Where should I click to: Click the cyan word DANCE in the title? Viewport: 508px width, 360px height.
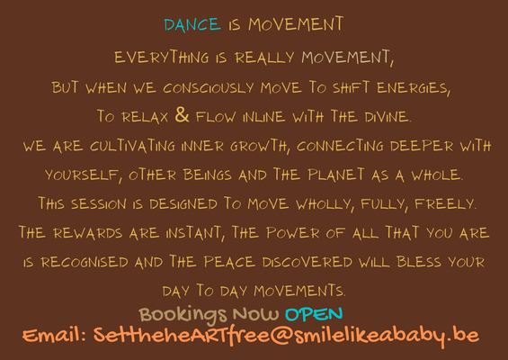pyautogui.click(x=192, y=24)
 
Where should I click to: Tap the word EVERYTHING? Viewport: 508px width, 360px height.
pyautogui.click(x=162, y=57)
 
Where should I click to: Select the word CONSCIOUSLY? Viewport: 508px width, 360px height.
pyautogui.click(x=208, y=88)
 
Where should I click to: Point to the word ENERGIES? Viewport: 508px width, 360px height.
pyautogui.click(x=414, y=88)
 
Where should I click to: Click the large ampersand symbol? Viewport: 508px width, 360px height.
pyautogui.click(x=182, y=115)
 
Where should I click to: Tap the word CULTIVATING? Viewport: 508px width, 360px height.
pyautogui.click(x=132, y=146)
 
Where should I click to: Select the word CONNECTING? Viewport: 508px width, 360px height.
pyautogui.click(x=340, y=146)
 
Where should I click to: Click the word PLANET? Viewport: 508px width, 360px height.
pyautogui.click(x=336, y=175)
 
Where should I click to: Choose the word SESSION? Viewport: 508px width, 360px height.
pyautogui.click(x=99, y=204)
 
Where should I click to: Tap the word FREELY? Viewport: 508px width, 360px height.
pyautogui.click(x=445, y=204)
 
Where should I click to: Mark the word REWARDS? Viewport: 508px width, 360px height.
pyautogui.click(x=88, y=233)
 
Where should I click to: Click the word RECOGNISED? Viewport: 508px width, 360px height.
pyautogui.click(x=85, y=262)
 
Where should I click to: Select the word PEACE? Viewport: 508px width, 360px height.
pyautogui.click(x=229, y=262)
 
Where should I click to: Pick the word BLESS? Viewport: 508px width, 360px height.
pyautogui.click(x=419, y=262)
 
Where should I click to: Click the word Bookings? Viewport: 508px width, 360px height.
pyautogui.click(x=183, y=315)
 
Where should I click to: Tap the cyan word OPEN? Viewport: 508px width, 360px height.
pyautogui.click(x=314, y=314)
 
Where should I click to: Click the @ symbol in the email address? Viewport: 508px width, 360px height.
pyautogui.click(x=281, y=336)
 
